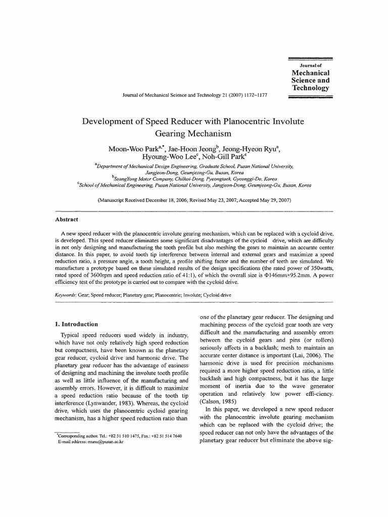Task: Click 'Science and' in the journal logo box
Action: (311, 80)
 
